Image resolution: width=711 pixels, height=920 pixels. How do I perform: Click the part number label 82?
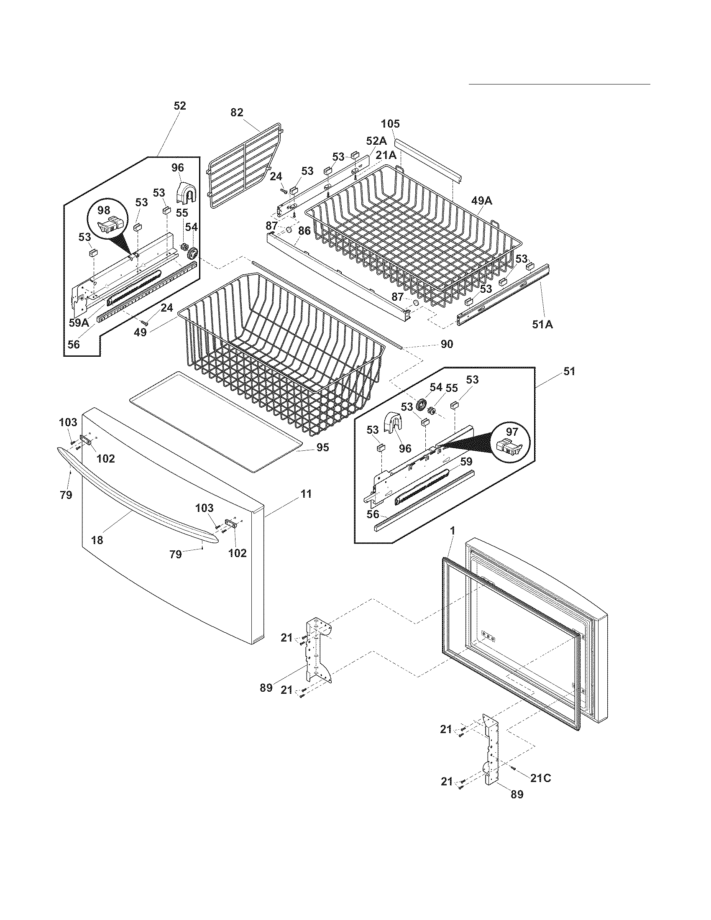(237, 112)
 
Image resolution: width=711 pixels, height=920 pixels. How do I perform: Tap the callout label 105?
(391, 124)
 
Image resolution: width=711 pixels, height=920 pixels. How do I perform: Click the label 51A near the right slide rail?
(542, 325)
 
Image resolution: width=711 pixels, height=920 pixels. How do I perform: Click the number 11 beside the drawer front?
(306, 494)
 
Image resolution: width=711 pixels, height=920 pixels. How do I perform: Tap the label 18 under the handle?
(97, 540)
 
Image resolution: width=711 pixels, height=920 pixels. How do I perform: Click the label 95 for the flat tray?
(322, 447)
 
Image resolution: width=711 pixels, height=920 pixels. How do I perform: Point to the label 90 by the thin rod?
(447, 344)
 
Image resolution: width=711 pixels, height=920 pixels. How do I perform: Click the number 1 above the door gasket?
(453, 532)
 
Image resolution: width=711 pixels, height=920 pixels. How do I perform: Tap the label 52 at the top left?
(179, 106)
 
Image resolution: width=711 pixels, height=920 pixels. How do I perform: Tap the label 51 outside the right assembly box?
(569, 371)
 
